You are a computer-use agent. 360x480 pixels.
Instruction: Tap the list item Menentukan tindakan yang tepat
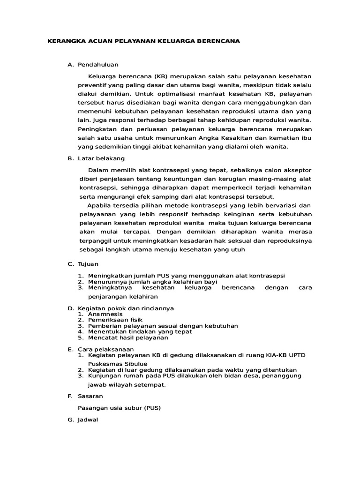tap(140, 331)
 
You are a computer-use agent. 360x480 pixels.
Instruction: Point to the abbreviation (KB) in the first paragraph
tap(159, 76)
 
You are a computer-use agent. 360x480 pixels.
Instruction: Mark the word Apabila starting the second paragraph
tap(99, 206)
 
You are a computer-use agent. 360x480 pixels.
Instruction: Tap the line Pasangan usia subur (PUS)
tap(119, 408)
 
